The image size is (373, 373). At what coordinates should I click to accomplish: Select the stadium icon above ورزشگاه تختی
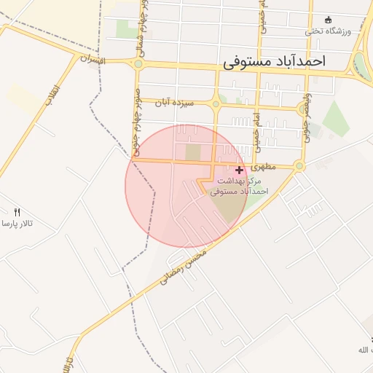[327, 20]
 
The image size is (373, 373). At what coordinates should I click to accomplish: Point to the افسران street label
[93, 59]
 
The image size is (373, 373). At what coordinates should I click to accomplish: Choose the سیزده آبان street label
[173, 103]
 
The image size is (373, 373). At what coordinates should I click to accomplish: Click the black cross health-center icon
[239, 169]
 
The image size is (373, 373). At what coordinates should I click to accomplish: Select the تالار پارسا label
[16, 223]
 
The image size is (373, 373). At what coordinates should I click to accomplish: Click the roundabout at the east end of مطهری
[299, 166]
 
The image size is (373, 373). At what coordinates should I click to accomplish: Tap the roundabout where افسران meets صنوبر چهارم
[138, 64]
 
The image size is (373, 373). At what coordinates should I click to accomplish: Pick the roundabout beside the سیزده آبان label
[216, 104]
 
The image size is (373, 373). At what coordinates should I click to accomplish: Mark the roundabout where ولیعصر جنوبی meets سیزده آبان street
[302, 109]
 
